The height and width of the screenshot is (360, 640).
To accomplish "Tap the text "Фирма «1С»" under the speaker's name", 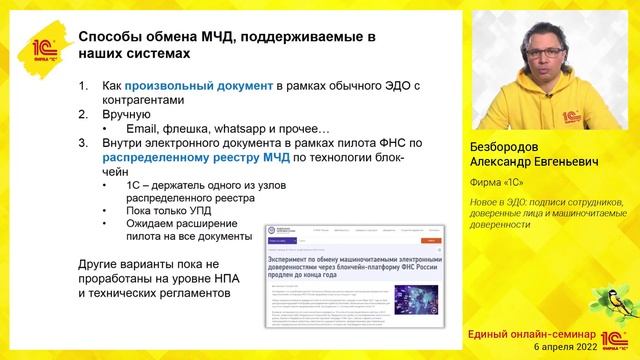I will (499, 181).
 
